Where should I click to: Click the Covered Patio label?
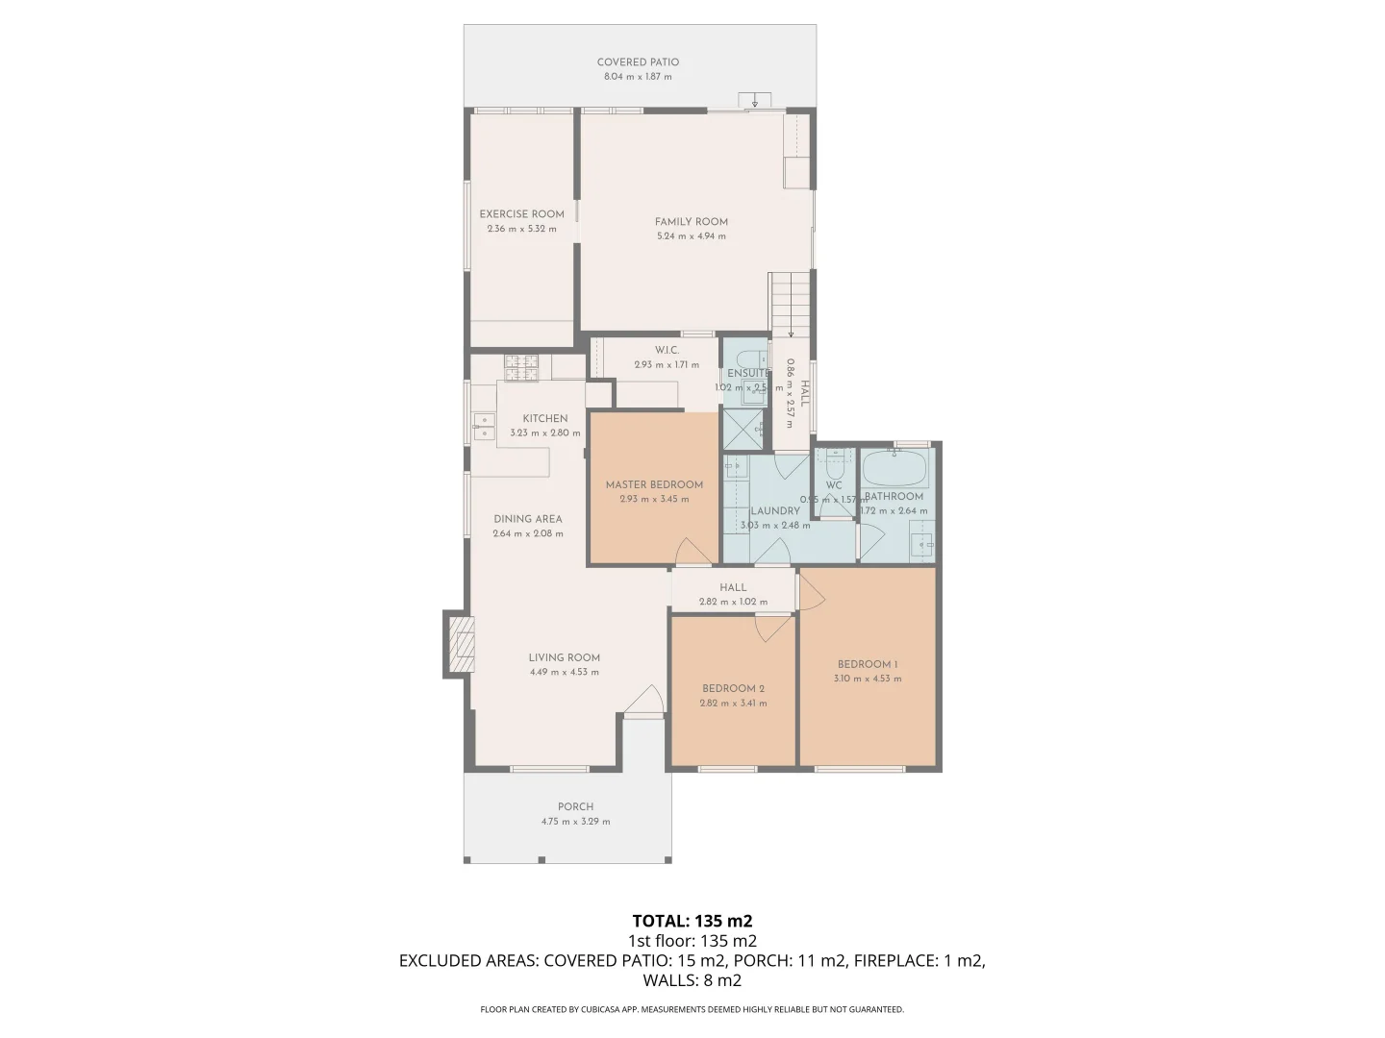coord(638,62)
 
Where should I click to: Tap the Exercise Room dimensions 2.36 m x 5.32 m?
coord(521,230)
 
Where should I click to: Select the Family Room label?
coord(691,222)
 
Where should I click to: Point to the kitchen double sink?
coord(482,427)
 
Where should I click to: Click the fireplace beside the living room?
coord(459,645)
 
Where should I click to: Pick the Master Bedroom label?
coord(654,485)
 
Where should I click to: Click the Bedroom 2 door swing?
coord(771,629)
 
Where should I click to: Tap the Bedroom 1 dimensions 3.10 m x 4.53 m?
coord(868,680)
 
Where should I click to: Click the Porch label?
coord(575,807)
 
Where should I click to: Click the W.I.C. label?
coord(667,351)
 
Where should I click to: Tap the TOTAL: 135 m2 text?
coord(692,922)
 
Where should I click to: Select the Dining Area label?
coord(528,519)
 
